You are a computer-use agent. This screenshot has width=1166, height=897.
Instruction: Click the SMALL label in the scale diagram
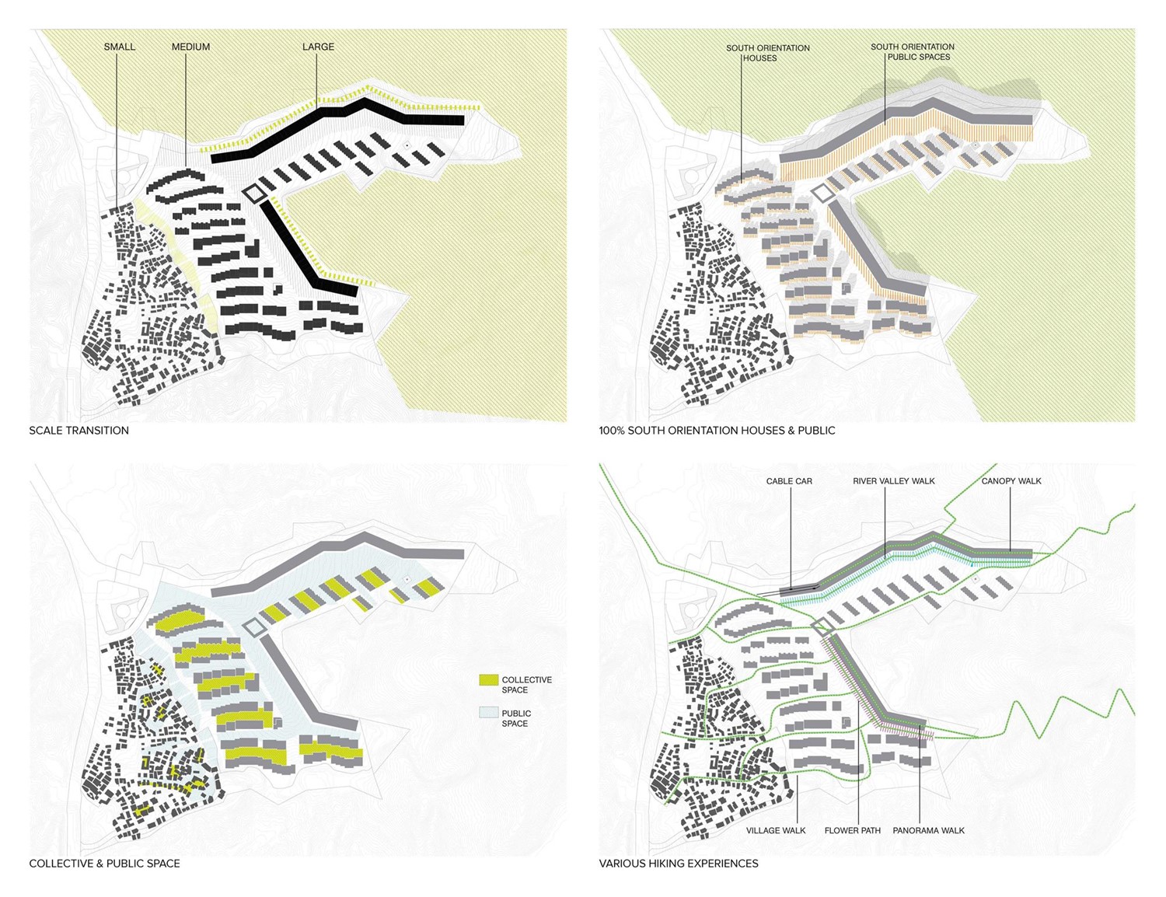(x=120, y=47)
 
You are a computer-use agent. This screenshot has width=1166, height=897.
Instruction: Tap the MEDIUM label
(x=190, y=47)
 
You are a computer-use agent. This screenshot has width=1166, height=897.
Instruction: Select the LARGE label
(x=318, y=47)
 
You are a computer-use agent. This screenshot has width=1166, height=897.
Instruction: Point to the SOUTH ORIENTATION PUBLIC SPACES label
(x=913, y=51)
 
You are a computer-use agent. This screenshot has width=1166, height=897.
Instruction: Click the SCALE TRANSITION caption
(x=79, y=431)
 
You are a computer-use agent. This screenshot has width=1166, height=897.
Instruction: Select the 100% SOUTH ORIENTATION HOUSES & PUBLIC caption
(x=717, y=431)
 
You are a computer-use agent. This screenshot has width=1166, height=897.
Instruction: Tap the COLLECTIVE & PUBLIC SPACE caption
(x=104, y=864)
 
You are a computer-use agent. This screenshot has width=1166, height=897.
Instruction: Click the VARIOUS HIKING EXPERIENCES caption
(x=679, y=864)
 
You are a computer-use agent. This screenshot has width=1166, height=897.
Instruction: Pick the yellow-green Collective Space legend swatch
(x=488, y=680)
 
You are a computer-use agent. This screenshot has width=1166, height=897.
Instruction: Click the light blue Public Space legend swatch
(x=488, y=713)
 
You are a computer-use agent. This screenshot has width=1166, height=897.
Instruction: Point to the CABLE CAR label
(x=789, y=481)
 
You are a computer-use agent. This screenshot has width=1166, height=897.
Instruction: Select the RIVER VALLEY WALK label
(x=894, y=481)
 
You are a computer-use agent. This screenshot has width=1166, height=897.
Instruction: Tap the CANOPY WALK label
(x=1011, y=481)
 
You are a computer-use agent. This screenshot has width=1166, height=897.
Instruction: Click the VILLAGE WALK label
(x=776, y=831)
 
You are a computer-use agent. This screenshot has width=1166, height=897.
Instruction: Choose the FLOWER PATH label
(x=853, y=831)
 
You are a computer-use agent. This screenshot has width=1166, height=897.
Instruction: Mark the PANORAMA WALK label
(x=928, y=831)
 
